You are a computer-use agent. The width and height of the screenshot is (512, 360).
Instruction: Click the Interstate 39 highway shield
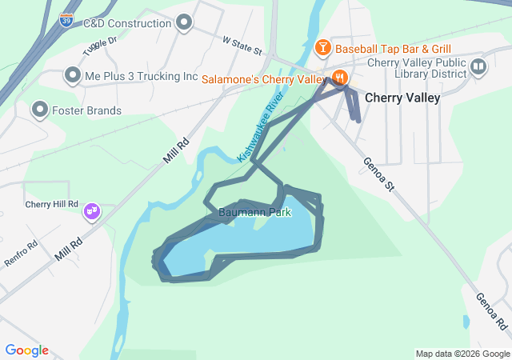pyautogui.click(x=66, y=19)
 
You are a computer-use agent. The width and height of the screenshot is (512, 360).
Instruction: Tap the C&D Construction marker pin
pyautogui.click(x=184, y=23)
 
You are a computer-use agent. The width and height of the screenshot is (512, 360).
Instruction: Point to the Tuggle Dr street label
pyautogui.click(x=99, y=46)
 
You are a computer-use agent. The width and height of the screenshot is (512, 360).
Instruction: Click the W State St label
pyautogui.click(x=242, y=44)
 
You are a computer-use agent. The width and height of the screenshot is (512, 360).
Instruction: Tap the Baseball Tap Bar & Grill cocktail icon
pyautogui.click(x=322, y=48)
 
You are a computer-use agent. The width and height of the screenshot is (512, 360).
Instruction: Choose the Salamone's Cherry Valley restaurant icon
pyautogui.click(x=339, y=78)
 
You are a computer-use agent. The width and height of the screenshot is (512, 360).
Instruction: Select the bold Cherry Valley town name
pyautogui.click(x=402, y=98)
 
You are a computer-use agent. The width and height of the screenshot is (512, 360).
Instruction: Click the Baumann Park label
pyautogui.click(x=255, y=213)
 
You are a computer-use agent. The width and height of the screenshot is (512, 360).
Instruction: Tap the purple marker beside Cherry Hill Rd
pyautogui.click(x=93, y=210)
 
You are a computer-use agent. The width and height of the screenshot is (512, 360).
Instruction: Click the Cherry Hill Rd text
pyautogui.click(x=52, y=204)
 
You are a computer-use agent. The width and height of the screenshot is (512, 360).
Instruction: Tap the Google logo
pyautogui.click(x=27, y=350)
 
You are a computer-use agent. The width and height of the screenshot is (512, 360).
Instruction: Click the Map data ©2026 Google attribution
pyautogui.click(x=462, y=354)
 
